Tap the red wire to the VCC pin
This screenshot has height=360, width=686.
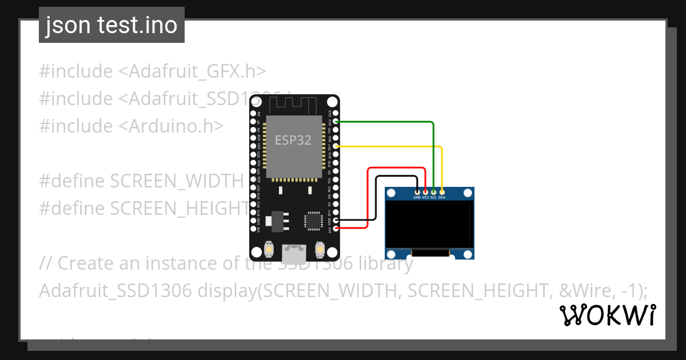point(394,168)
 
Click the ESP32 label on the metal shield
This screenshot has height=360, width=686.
point(293,140)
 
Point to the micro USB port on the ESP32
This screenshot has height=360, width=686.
point(294,250)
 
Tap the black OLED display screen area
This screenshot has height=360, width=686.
point(429,224)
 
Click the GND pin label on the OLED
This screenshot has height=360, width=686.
point(417,198)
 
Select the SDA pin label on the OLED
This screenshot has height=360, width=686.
point(442,198)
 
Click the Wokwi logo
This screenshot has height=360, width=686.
point(608,315)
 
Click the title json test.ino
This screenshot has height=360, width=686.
point(111,26)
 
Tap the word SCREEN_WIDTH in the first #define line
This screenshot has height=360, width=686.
point(177,181)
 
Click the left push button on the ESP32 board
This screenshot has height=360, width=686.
point(268,250)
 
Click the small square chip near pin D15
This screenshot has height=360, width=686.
point(313,221)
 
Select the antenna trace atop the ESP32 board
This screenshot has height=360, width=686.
point(294,105)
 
